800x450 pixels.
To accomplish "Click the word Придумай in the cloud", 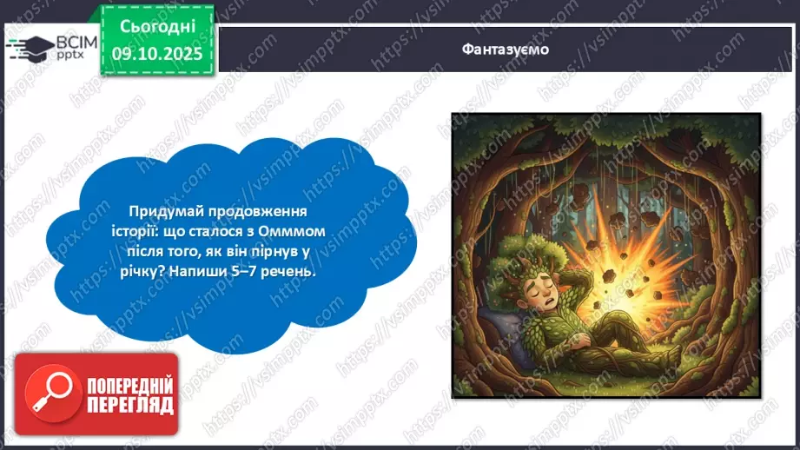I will click(x=161, y=211).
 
